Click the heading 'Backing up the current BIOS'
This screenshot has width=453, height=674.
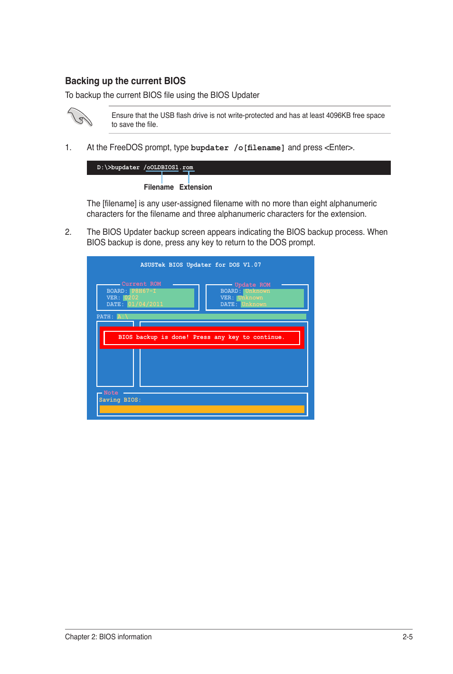click(125, 81)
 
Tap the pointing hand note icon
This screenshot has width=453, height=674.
click(79, 116)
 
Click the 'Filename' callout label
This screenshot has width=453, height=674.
click(159, 187)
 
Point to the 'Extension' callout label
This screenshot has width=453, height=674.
click(196, 187)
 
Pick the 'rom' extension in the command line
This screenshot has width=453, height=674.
click(188, 168)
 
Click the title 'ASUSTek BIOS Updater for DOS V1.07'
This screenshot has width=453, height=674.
click(200, 265)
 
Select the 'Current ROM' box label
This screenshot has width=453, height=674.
click(141, 284)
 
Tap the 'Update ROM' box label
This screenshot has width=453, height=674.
click(252, 285)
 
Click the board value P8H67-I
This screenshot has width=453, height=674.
click(143, 291)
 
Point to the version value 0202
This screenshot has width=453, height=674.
click(131, 298)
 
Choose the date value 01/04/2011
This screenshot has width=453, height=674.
click(145, 305)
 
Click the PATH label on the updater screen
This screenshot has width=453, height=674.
click(104, 317)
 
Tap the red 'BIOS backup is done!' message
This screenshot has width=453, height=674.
click(201, 337)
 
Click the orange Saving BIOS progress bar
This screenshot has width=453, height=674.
click(202, 409)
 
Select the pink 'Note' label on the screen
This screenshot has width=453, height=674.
click(111, 393)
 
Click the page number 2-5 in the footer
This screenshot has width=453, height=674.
click(407, 637)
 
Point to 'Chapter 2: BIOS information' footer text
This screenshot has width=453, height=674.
click(108, 637)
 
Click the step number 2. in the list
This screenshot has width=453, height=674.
click(68, 232)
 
